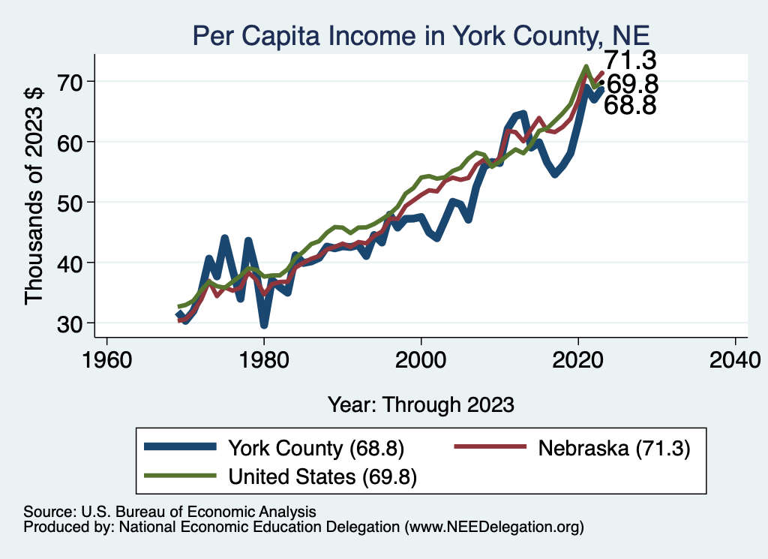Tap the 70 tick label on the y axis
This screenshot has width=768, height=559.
(70, 82)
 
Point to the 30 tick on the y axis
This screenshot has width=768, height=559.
(70, 324)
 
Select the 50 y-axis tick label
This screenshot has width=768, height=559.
(70, 203)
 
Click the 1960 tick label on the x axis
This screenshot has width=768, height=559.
(107, 361)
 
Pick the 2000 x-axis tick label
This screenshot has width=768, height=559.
(421, 361)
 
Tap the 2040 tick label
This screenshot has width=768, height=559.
(735, 361)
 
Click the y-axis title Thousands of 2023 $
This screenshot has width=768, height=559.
(34, 197)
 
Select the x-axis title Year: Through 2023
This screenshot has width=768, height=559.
(421, 404)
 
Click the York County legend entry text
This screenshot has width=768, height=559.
(316, 448)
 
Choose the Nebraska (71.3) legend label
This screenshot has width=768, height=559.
(614, 448)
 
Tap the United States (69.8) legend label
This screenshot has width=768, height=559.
(322, 476)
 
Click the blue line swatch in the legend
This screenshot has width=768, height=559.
(180, 446)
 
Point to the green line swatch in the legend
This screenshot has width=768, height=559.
(180, 475)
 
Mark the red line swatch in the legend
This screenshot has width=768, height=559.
(490, 446)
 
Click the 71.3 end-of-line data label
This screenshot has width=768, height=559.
(630, 61)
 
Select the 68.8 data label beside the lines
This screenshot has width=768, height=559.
(630, 105)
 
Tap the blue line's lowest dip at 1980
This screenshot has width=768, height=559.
(264, 325)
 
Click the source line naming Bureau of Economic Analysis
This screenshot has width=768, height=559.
(169, 512)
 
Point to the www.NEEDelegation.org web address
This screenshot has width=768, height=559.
(494, 527)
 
